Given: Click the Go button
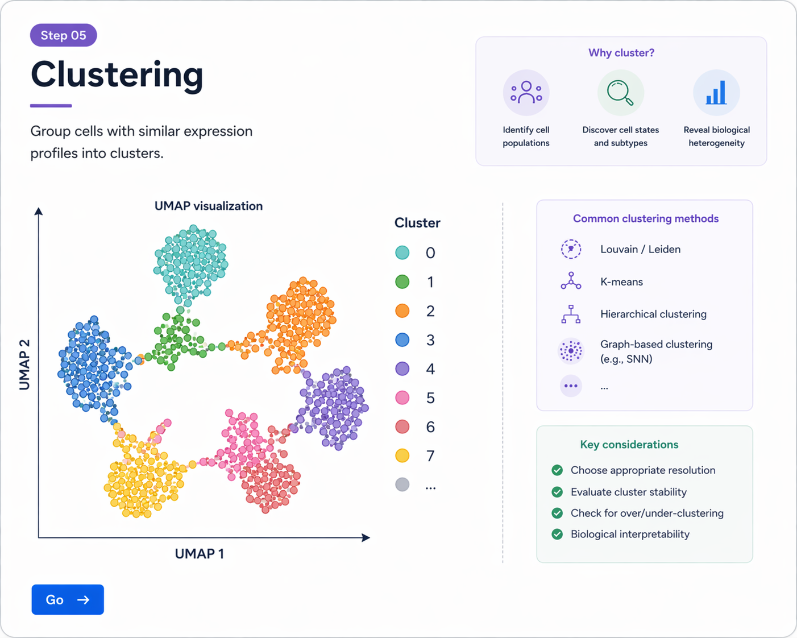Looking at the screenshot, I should point(68,599).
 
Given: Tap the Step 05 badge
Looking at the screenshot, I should point(64,35).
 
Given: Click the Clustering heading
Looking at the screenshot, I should point(117,74).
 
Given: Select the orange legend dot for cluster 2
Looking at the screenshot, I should point(402,310).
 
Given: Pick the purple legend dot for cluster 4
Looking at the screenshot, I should point(402,368).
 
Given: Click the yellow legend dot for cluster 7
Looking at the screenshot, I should point(402,455).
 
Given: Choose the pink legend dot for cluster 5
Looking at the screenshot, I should point(402,397).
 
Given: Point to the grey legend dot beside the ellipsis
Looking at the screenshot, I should point(402,484).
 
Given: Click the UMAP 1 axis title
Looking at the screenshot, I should point(200,553).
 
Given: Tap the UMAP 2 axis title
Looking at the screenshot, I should point(24,364).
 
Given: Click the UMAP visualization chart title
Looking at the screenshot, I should point(209,206).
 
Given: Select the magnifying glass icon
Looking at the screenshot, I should point(620,93).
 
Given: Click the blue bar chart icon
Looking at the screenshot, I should point(716,93).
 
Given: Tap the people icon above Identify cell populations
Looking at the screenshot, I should point(526,93).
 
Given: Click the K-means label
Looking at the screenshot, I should point(621,281).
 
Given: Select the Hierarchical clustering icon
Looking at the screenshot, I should point(571,314).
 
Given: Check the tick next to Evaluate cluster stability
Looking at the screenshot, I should point(557,492).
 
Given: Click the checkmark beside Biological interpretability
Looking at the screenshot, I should point(557,534).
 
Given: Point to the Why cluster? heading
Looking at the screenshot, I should point(621,53).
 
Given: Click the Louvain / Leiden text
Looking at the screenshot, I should point(640,249).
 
